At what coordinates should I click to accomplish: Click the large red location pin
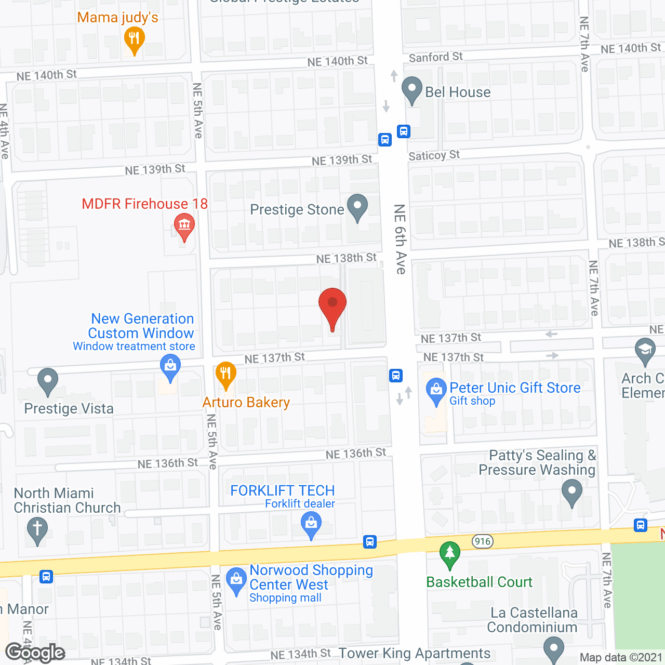pos(332,307)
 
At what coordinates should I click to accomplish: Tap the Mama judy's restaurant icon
pos(134,39)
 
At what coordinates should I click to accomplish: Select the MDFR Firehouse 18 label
pos(144,204)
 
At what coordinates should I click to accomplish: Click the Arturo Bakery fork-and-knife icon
pos(225,374)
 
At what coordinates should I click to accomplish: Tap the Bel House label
pos(458,92)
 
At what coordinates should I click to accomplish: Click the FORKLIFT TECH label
pos(282,490)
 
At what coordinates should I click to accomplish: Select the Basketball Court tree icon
pos(450,554)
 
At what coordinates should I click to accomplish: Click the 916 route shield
pos(483,541)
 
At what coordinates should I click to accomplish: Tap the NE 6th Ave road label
pos(400,239)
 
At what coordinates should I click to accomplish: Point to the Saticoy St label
pos(434,155)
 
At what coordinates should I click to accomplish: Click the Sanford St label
pos(435,57)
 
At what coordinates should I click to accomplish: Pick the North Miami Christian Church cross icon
pos(37,530)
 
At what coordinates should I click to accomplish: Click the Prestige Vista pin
pos(48,381)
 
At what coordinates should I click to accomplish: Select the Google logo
pos(35,653)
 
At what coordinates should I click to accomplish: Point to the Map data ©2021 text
pos(620,657)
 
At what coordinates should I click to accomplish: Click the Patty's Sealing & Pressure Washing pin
pos(571,492)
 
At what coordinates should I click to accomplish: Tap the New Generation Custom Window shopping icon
pos(170,367)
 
